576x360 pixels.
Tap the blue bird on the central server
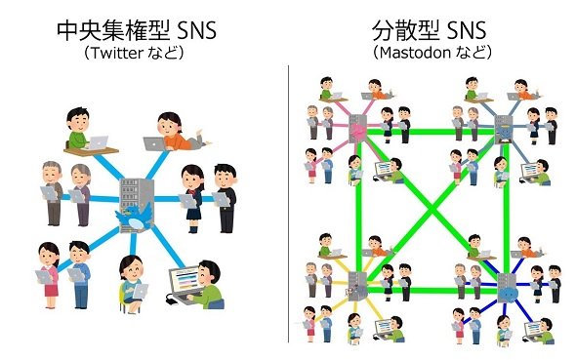(135, 218)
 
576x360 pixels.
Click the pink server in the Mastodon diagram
(357, 130)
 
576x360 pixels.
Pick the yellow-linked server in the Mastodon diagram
(356, 286)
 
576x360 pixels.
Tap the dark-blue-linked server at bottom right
(507, 289)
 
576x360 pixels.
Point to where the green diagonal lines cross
(432, 211)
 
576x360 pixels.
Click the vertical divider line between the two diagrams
(288, 204)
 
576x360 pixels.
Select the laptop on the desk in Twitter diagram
(97, 142)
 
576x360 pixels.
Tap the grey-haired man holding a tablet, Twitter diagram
(53, 193)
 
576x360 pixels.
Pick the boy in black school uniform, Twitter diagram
(225, 198)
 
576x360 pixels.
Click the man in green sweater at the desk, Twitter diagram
(78, 128)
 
